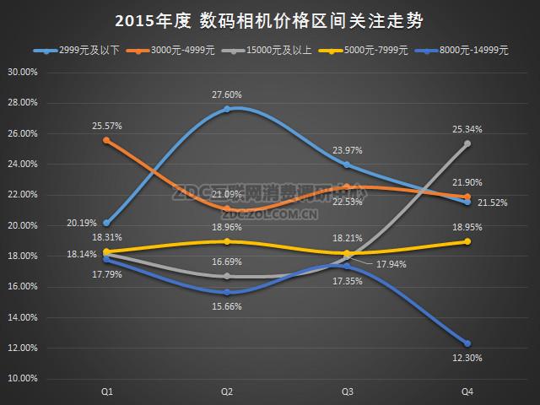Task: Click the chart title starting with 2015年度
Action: click(269, 19)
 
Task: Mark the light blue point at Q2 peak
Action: click(227, 109)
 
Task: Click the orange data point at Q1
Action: click(106, 140)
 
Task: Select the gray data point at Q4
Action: click(467, 143)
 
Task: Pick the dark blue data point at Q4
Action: click(467, 343)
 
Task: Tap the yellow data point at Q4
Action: click(467, 241)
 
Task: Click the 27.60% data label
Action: click(227, 95)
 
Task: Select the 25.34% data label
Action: click(467, 129)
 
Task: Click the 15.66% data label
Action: click(227, 306)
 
